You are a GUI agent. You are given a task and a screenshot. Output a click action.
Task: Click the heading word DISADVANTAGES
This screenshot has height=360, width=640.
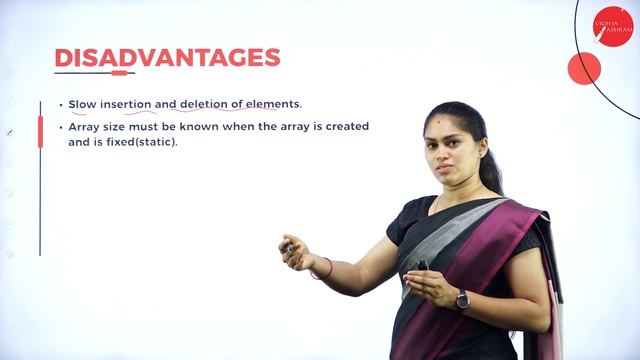(x=167, y=58)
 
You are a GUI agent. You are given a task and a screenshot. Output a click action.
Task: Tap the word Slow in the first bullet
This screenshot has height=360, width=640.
(x=82, y=104)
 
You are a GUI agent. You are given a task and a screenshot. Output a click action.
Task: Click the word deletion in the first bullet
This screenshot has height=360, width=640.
(x=205, y=104)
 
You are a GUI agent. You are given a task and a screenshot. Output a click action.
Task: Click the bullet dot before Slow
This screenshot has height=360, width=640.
(x=60, y=104)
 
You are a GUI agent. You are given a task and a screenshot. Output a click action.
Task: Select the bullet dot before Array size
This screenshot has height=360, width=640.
(x=60, y=127)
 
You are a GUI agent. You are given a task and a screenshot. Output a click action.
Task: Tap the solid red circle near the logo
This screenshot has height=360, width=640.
(x=584, y=68)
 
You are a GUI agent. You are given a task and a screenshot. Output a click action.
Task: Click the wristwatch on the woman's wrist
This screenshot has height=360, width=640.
(x=462, y=299)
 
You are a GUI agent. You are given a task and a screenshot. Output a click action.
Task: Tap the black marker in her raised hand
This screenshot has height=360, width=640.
(x=288, y=244)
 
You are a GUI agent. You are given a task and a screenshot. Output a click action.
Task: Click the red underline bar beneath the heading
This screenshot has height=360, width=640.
(x=119, y=73)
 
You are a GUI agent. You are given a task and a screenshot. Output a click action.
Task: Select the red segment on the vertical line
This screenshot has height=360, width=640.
(x=40, y=131)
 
